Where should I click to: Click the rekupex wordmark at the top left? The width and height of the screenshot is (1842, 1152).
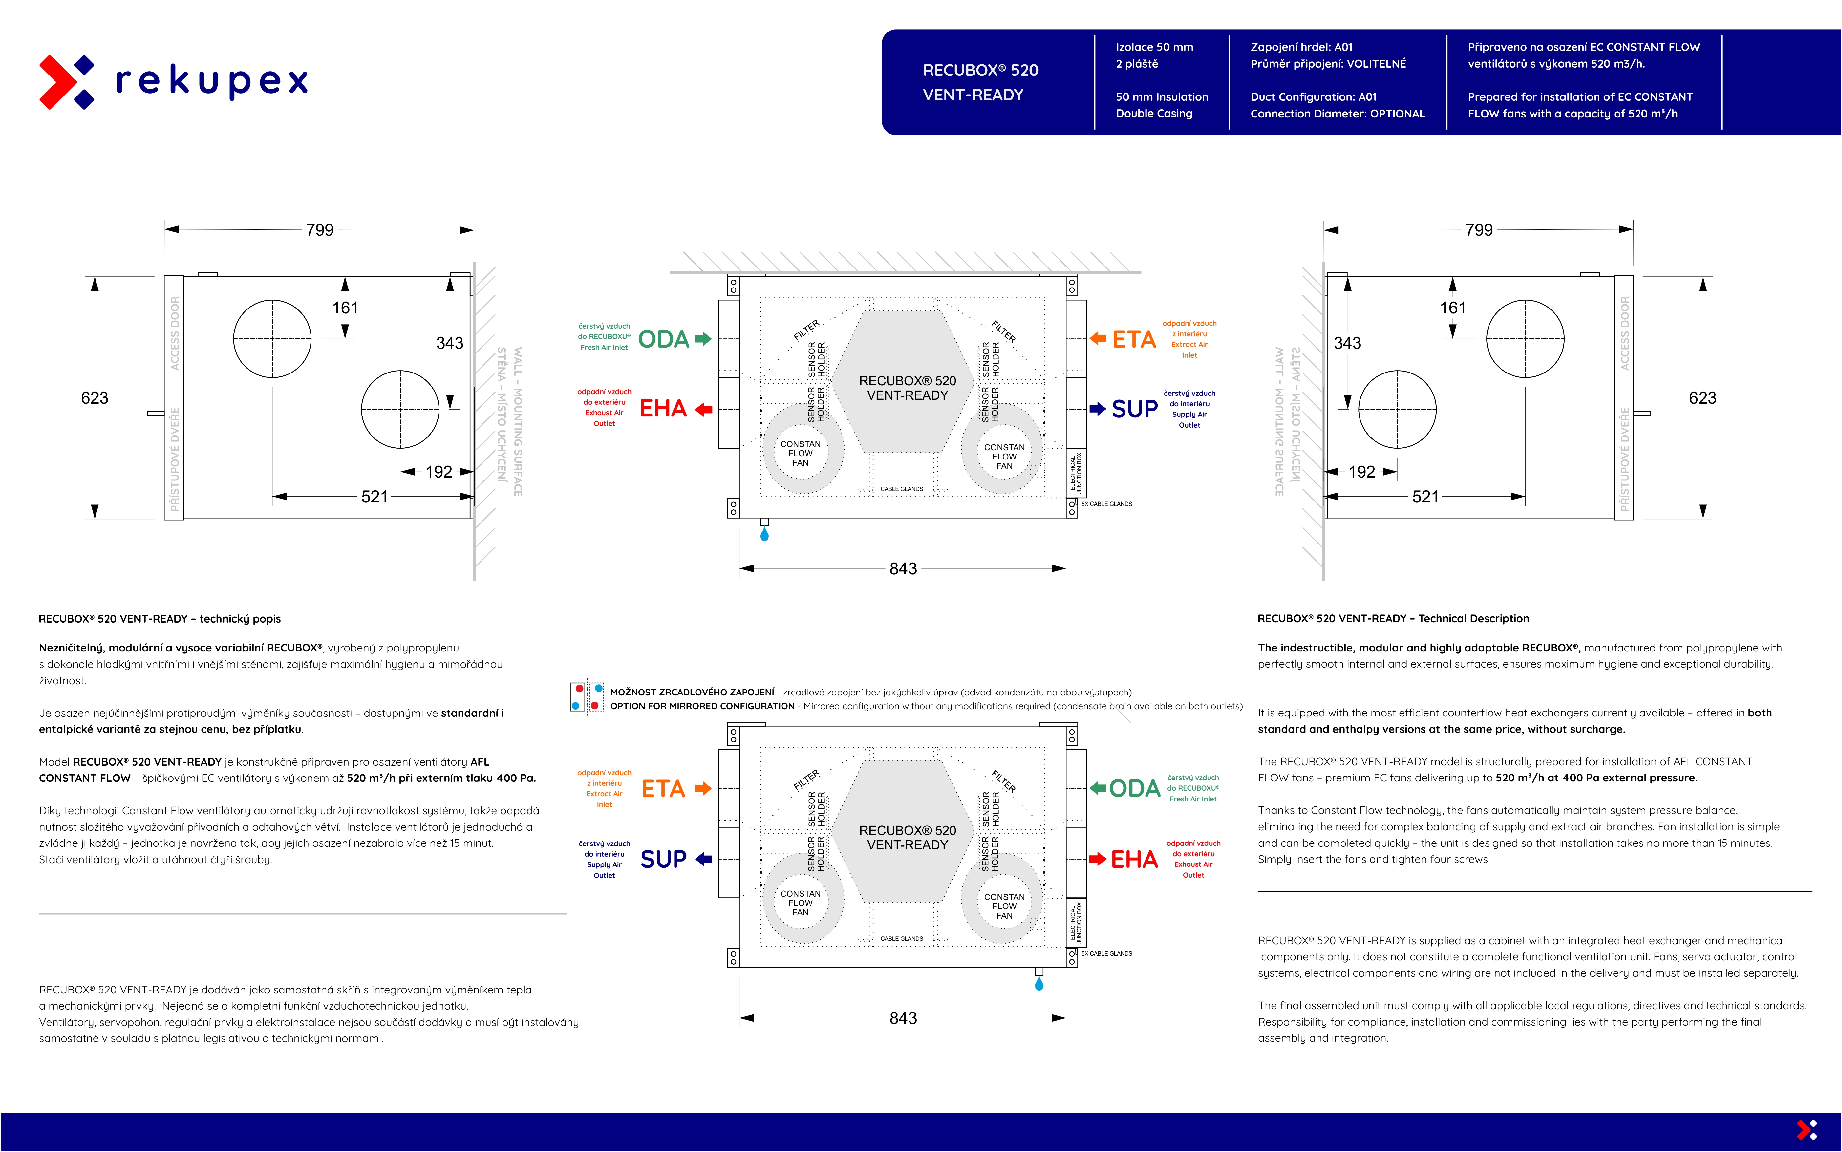(212, 81)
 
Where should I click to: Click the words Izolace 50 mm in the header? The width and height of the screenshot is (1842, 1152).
(1154, 47)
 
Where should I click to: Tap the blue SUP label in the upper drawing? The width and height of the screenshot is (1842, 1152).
(1134, 409)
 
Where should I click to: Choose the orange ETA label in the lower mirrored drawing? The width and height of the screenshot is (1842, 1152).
(663, 789)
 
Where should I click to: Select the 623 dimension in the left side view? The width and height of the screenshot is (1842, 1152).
(95, 398)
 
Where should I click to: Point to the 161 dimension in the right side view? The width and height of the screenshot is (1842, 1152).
(1453, 308)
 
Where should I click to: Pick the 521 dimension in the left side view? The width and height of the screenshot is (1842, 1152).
(374, 497)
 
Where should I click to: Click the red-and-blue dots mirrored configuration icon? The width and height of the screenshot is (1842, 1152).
(587, 697)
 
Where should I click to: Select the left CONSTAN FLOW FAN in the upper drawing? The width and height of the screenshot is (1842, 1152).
(801, 453)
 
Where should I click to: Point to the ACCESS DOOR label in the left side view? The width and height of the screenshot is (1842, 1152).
(174, 333)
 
